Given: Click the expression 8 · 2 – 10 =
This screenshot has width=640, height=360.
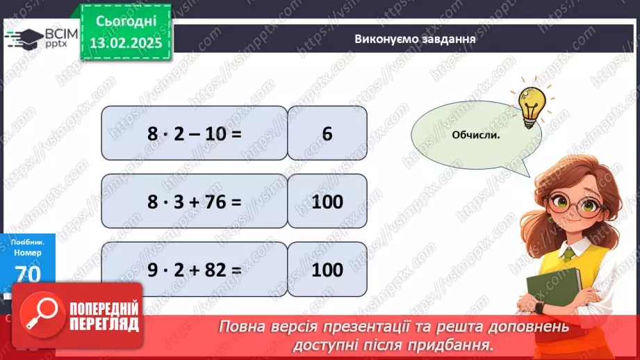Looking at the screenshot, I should coord(194,133).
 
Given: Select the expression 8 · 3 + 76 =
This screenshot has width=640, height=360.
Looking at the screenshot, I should coord(194,202).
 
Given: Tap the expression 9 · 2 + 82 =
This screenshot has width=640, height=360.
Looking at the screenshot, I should coord(194,269).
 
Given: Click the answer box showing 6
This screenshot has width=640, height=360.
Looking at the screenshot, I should coord(327,133).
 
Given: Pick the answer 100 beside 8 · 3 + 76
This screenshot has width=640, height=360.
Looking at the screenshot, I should coord(327,202).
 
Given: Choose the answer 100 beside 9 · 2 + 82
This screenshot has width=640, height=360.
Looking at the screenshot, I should coord(327,269).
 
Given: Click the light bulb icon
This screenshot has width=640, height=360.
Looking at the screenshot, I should coord(531,104).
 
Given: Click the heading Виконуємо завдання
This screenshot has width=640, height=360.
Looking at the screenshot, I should coord(414,39).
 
